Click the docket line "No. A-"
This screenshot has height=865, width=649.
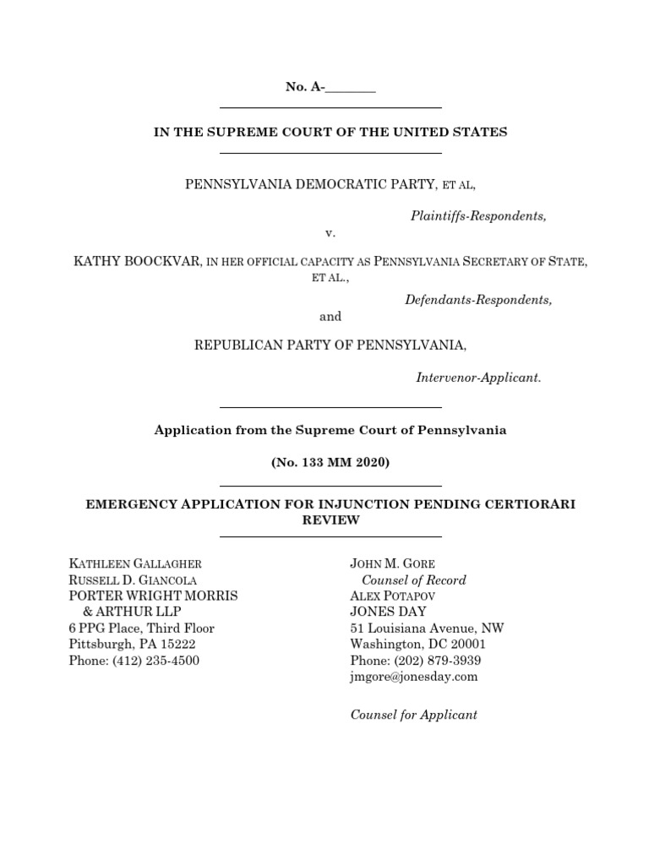[x=330, y=87]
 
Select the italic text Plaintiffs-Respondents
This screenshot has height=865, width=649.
[x=478, y=216]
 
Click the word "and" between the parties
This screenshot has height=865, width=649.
[x=330, y=317]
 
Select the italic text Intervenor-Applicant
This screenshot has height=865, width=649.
[x=478, y=378]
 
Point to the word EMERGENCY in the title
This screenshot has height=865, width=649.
[x=127, y=504]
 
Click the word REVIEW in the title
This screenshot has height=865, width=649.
[x=330, y=520]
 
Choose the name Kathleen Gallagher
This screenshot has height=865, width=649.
[x=135, y=563]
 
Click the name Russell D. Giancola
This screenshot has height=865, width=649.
[x=133, y=579]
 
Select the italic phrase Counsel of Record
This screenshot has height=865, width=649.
[x=413, y=579]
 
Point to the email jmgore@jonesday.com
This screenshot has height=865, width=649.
[x=414, y=677]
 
